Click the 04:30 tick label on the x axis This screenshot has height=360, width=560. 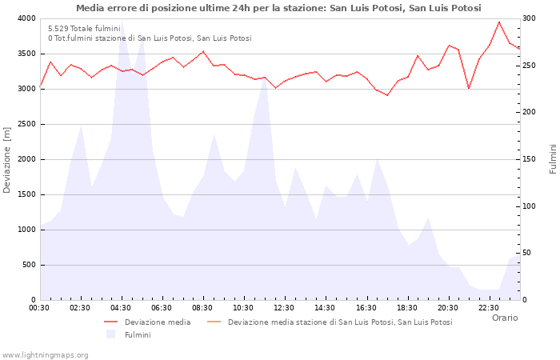121,307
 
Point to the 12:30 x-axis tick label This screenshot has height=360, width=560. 284,307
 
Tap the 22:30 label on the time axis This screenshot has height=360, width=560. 488,307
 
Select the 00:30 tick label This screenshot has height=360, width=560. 39,307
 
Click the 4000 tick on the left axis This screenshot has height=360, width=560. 26,18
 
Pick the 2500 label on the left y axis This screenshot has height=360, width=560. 26,124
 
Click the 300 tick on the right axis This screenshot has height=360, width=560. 530,18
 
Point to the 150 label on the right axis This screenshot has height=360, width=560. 530,159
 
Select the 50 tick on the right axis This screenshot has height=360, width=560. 527,253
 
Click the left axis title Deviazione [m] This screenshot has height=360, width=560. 7,159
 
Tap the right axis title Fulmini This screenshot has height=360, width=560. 552,159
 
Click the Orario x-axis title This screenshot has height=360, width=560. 504,318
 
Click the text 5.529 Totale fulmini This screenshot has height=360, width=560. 84,28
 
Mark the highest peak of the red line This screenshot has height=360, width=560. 499,22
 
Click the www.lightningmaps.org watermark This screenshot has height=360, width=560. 45,354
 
